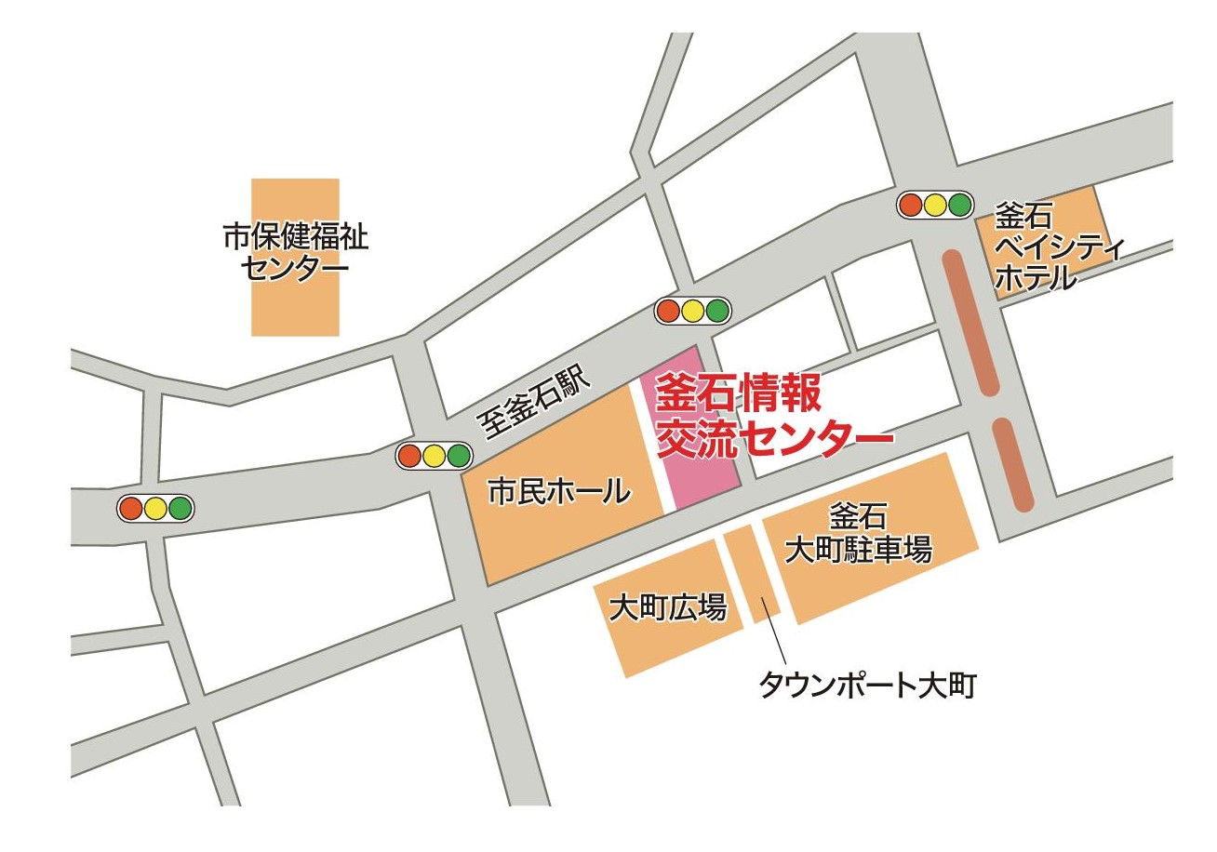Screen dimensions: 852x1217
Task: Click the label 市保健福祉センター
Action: [x=295, y=253]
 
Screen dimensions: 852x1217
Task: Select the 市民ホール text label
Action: [x=558, y=490]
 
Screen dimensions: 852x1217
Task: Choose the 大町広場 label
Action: [x=667, y=608]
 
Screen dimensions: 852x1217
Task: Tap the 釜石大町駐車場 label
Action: [x=858, y=534]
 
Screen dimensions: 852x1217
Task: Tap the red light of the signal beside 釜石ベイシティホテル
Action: [x=911, y=205]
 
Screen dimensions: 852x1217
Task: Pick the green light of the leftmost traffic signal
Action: [x=180, y=509]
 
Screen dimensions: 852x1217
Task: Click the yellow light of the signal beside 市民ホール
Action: [x=434, y=456]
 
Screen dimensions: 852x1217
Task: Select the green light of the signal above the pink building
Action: [x=715, y=311]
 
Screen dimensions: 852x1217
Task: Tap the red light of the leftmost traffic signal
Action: [x=130, y=509]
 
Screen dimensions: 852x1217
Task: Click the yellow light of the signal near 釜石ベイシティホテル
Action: [x=935, y=205]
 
